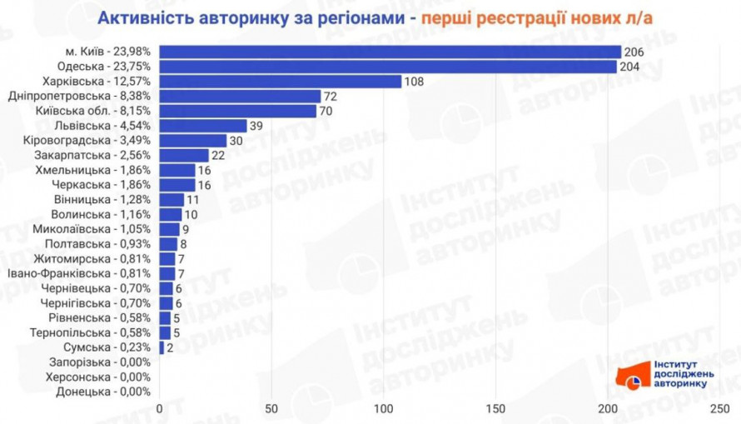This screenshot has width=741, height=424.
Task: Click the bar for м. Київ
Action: [390, 52]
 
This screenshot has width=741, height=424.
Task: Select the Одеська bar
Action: [388, 67]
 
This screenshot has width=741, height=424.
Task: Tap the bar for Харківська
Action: [281, 82]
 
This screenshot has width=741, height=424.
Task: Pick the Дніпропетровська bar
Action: [240, 96]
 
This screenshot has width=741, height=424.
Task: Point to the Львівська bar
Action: [203, 126]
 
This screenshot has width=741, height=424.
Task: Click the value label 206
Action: [635, 52]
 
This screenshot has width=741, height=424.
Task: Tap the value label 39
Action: [258, 126]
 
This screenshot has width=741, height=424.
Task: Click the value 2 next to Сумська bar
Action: [170, 347]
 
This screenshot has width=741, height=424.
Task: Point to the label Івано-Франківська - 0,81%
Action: [78, 273]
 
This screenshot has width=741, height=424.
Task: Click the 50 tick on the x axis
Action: [271, 409]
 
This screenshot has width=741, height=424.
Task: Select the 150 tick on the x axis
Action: [495, 409]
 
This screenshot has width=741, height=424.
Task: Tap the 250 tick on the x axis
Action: [719, 409]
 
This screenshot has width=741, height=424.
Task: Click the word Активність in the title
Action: [138, 18]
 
